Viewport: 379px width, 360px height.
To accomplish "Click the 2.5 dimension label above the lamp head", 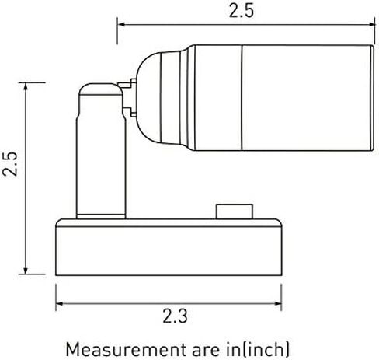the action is [242, 12].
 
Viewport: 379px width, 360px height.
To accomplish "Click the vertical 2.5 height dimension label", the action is [10, 164].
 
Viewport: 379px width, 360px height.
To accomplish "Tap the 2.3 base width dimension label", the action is [175, 316].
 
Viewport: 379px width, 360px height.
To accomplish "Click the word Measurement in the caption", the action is [126, 350].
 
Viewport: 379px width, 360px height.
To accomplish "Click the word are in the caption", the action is [206, 350].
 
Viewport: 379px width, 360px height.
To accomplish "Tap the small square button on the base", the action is [235, 211].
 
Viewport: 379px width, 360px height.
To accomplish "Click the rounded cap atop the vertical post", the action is [100, 89].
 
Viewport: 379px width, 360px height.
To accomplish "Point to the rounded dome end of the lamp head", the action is [148, 97].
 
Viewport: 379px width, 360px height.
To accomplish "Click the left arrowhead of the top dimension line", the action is [121, 25].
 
